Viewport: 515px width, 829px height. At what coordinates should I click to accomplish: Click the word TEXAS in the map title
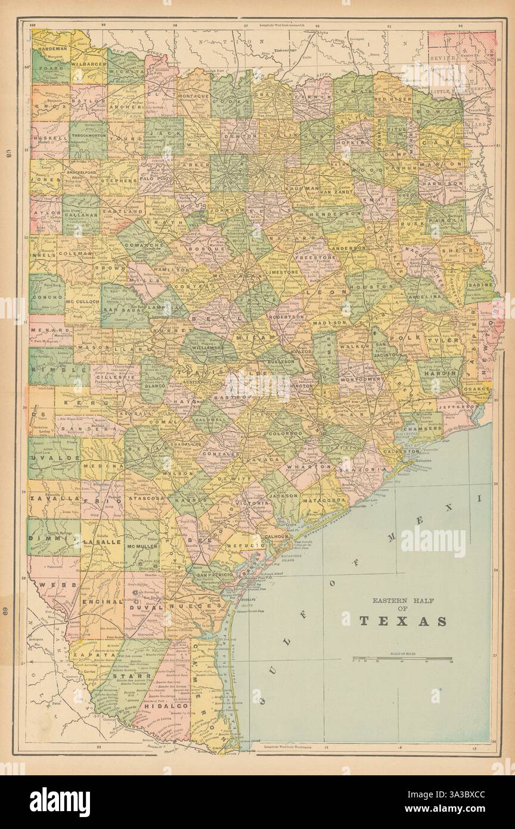(402, 621)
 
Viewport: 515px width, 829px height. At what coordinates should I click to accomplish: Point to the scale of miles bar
(402, 660)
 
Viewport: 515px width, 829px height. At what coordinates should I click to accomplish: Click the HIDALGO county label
(166, 706)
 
